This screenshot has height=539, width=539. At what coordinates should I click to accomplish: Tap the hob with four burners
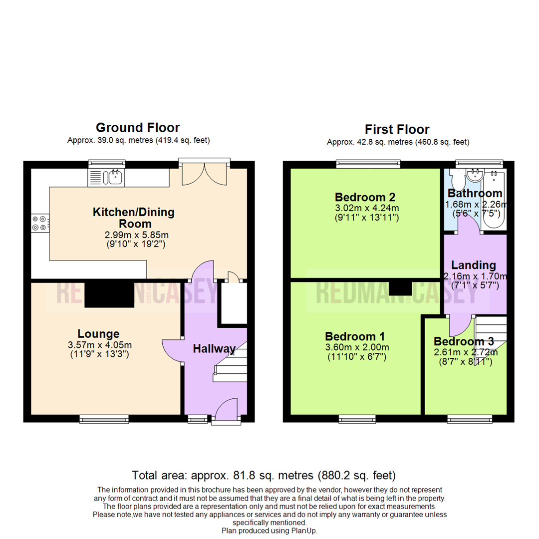pos(40,223)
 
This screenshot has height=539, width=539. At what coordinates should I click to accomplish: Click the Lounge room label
pos(98,334)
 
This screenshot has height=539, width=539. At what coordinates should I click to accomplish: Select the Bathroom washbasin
pos(473,175)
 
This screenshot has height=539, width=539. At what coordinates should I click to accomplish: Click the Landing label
pos(473,265)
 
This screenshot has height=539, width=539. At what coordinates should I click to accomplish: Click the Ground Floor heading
pos(138,128)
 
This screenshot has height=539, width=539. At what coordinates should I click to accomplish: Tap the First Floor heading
pos(397,130)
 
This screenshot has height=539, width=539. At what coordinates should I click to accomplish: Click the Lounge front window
pos(105,420)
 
